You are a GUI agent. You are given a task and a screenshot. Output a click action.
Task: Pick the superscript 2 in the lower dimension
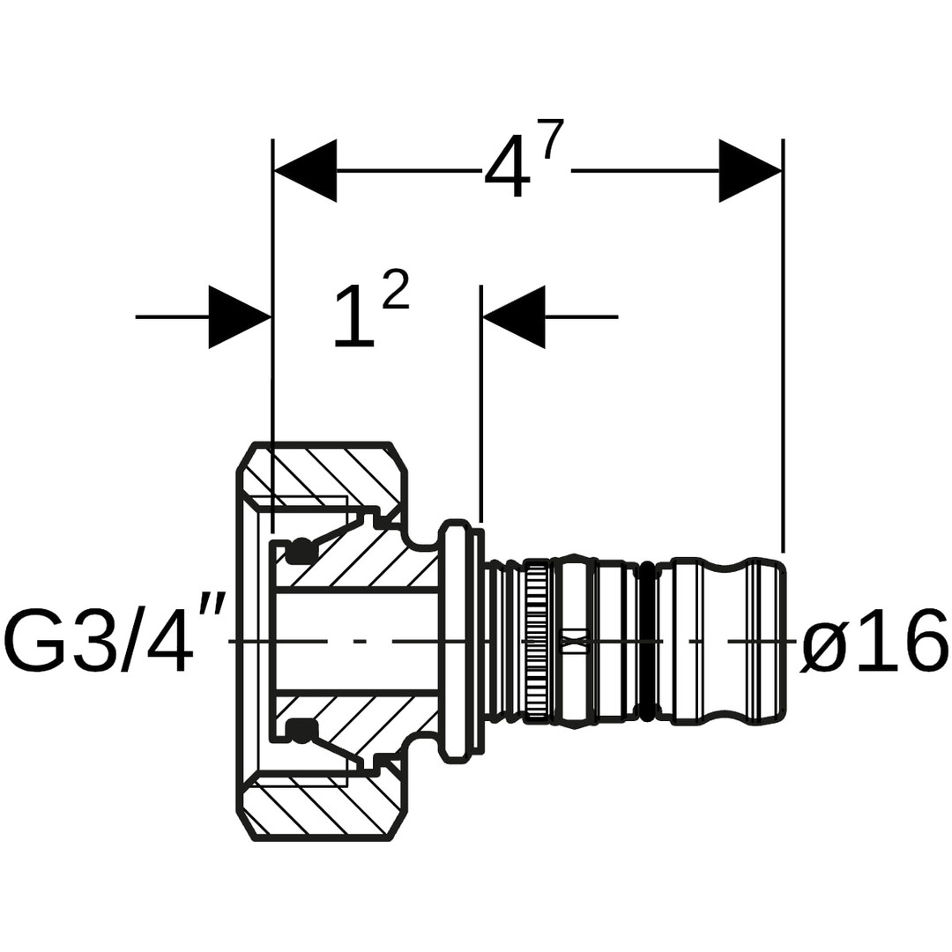click(396, 290)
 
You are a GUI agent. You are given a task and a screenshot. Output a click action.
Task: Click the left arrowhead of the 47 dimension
click(305, 170)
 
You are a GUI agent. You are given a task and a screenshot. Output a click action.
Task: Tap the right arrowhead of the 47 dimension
click(750, 170)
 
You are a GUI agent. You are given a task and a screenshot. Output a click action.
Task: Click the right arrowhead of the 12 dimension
click(514, 316)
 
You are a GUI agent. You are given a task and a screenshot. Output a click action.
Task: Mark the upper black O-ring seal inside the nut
click(301, 550)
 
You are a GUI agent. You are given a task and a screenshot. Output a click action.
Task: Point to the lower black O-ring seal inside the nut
click(301, 729)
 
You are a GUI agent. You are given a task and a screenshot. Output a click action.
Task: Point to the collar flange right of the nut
click(456, 640)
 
